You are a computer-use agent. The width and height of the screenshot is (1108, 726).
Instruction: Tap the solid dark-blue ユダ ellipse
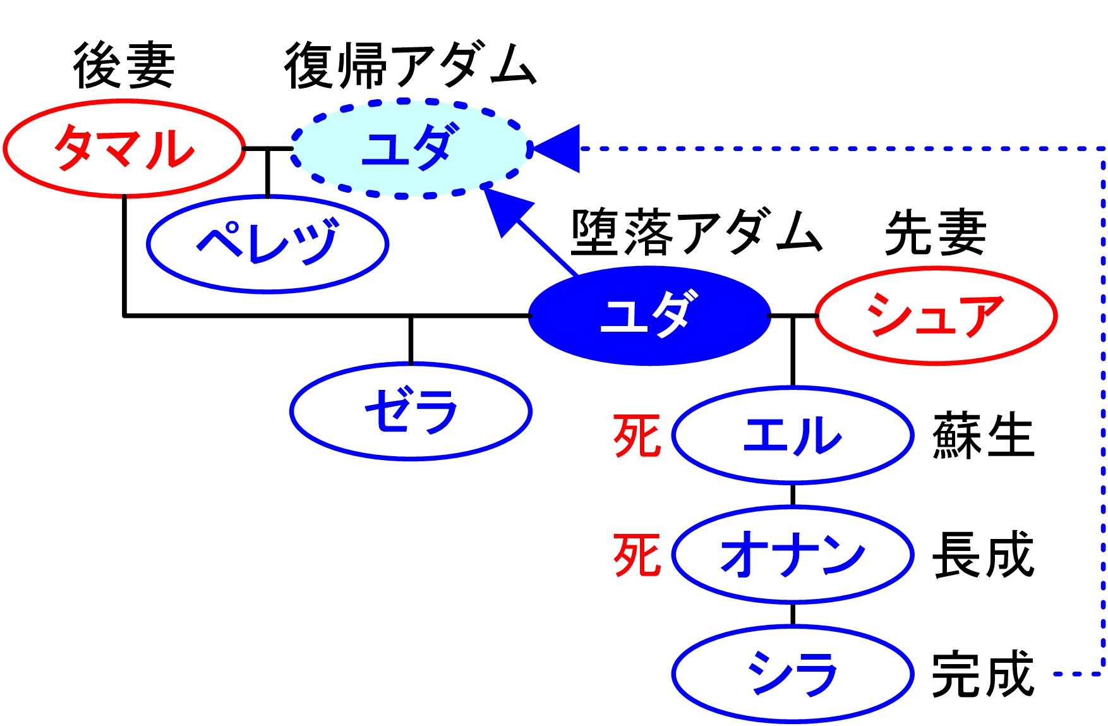(649, 315)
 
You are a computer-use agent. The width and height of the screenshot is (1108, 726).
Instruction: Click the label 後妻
(124, 66)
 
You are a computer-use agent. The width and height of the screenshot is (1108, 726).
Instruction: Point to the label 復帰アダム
(411, 66)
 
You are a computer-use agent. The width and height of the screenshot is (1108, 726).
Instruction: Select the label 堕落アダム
(697, 233)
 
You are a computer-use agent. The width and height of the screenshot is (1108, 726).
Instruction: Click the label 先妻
(936, 233)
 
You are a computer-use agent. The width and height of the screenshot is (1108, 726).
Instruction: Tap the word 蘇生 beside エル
(983, 435)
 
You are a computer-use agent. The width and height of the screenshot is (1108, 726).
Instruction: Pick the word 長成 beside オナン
(983, 554)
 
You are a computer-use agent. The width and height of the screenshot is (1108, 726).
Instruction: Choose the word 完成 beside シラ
(983, 674)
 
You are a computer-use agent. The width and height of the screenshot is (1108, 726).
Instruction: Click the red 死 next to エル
(637, 435)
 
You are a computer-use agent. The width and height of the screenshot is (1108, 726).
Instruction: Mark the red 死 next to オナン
(637, 554)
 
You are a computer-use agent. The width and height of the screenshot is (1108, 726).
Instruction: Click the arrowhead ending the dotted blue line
(556, 148)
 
